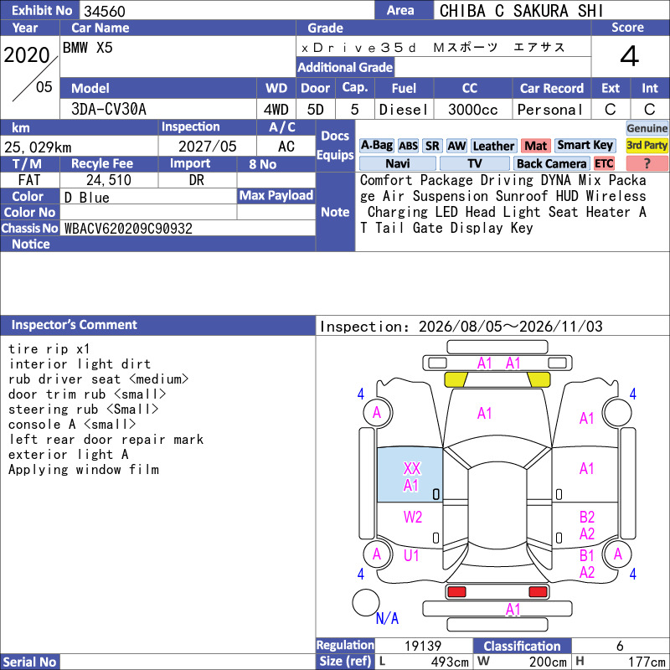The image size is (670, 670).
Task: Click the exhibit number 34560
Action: (x=104, y=11)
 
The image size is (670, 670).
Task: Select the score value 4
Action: (x=630, y=56)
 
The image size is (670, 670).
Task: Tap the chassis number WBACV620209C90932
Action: (x=128, y=228)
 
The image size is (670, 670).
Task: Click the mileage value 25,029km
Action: (x=38, y=147)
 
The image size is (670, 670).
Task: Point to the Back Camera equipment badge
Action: (x=551, y=163)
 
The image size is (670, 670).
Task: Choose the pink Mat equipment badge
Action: (x=535, y=146)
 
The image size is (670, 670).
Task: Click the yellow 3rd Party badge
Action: (x=647, y=145)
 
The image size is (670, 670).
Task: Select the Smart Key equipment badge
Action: (x=585, y=145)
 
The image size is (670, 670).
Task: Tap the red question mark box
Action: (x=647, y=163)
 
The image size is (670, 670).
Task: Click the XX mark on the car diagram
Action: (x=412, y=468)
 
